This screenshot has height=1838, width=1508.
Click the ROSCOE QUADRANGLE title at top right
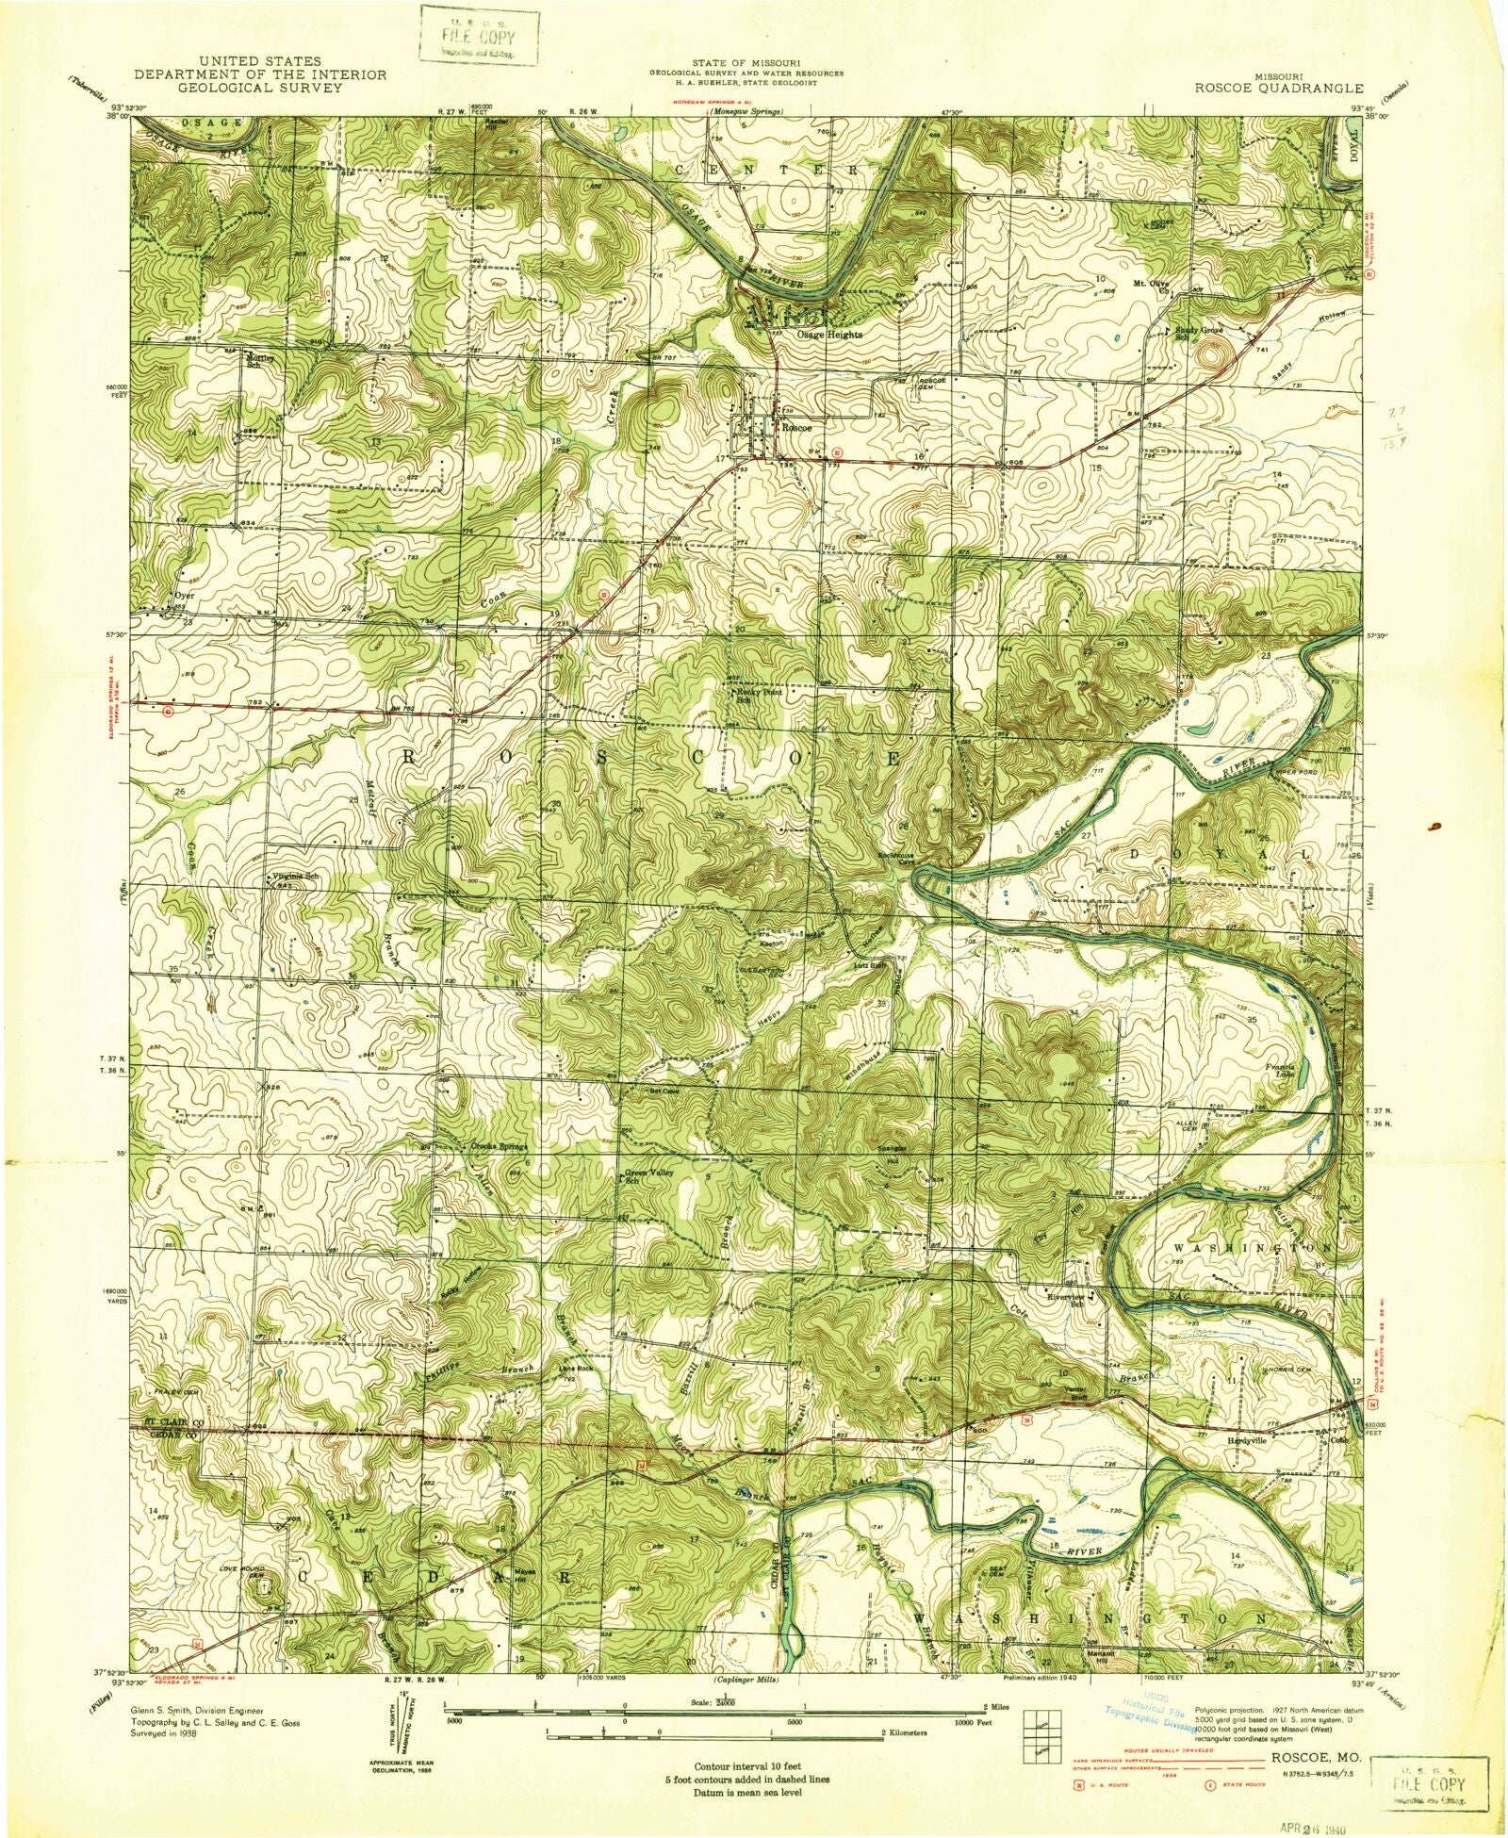[1278, 87]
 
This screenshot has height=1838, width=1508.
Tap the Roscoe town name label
[795, 426]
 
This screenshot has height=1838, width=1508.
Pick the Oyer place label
[184, 596]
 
